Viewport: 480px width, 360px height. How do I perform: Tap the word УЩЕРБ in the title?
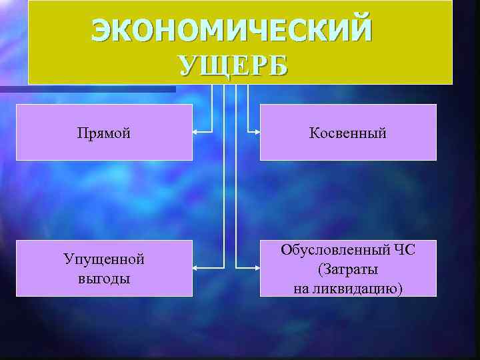click(233, 66)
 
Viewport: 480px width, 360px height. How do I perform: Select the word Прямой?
click(103, 133)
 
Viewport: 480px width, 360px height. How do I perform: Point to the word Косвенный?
click(347, 133)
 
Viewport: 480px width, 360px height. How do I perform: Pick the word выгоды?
click(103, 277)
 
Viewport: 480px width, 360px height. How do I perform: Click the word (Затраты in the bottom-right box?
click(347, 270)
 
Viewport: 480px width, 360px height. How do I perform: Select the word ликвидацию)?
click(360, 289)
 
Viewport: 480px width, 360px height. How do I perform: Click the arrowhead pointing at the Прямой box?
click(196, 133)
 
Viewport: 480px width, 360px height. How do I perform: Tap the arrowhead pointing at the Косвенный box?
click(256, 133)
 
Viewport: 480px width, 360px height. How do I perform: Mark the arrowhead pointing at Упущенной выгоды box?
click(196, 267)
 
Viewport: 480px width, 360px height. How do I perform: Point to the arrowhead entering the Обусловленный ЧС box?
click(256, 267)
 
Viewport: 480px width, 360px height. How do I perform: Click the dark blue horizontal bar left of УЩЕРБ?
click(87, 89)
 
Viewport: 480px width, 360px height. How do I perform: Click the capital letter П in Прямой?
click(82, 133)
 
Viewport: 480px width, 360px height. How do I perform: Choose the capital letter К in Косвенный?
click(313, 133)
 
